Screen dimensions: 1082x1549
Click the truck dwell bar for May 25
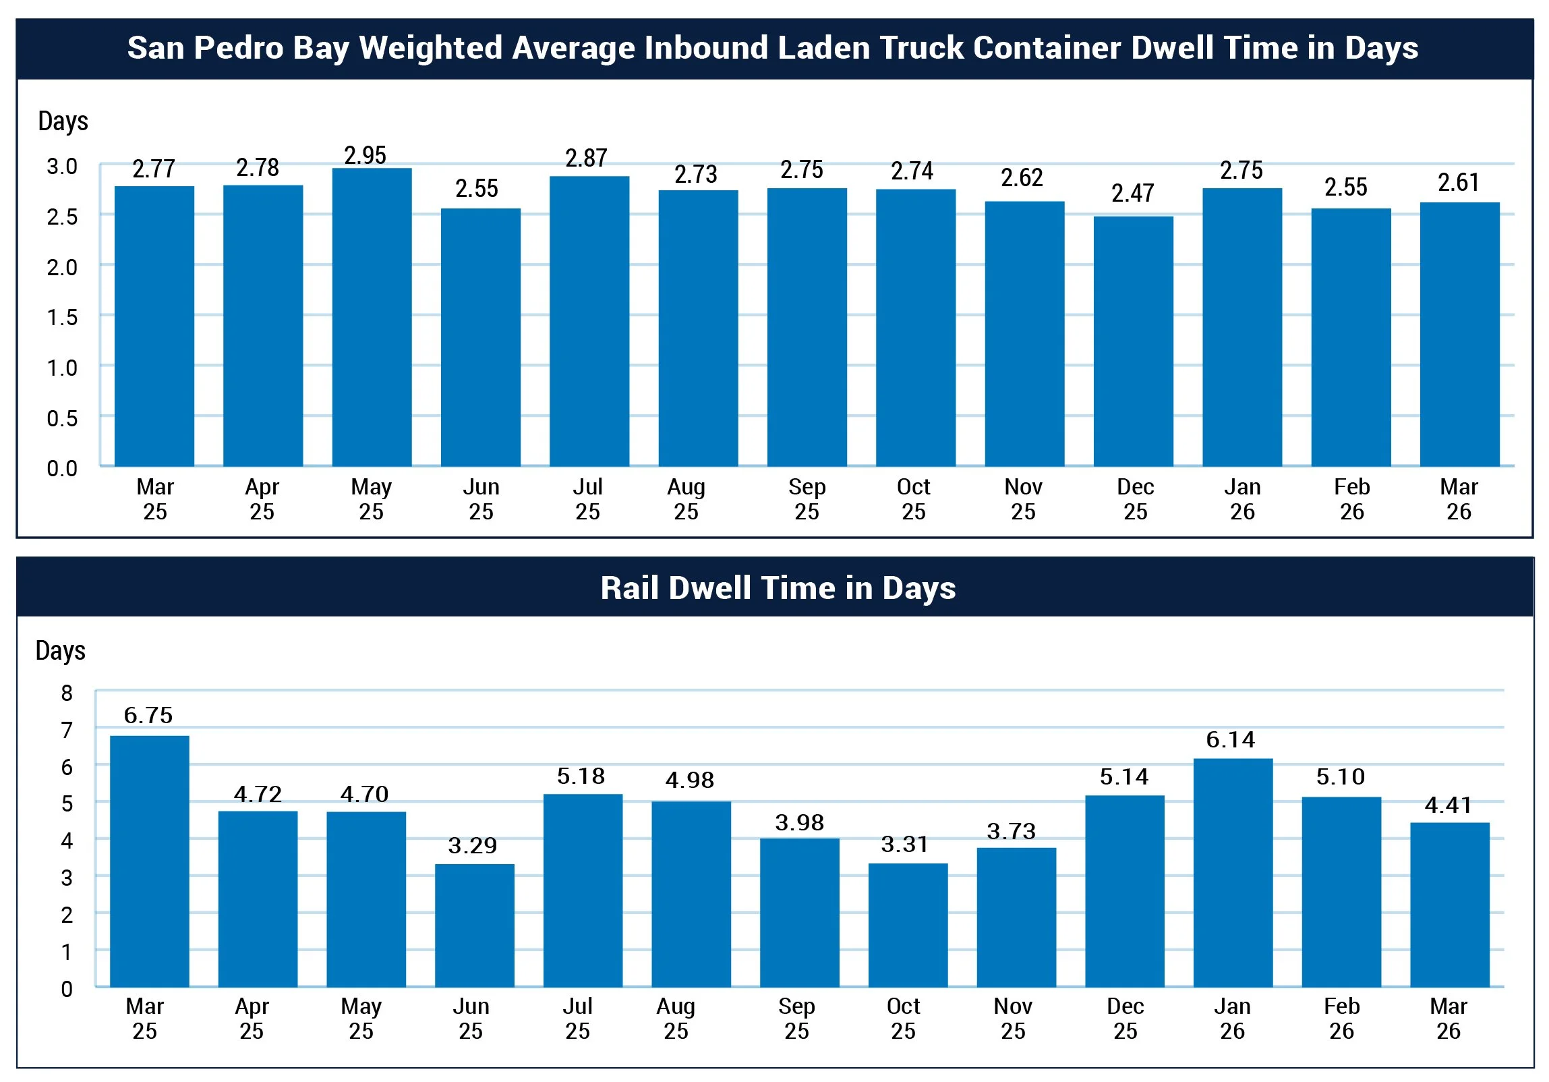pyautogui.click(x=372, y=317)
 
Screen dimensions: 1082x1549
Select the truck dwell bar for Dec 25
pyautogui.click(x=1133, y=341)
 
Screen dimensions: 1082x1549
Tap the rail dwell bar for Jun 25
pyautogui.click(x=474, y=925)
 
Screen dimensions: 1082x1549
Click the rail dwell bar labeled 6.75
pyautogui.click(x=149, y=861)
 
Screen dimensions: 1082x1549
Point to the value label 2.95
pyautogui.click(x=365, y=155)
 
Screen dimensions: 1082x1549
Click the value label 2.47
pyautogui.click(x=1133, y=193)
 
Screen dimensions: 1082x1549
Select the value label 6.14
pyautogui.click(x=1231, y=740)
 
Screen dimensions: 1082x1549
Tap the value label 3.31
pyautogui.click(x=905, y=844)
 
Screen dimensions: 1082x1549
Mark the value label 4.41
pyautogui.click(x=1449, y=805)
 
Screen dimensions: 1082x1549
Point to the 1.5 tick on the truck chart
pyautogui.click(x=62, y=317)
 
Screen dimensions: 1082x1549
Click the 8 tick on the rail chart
pyautogui.click(x=67, y=693)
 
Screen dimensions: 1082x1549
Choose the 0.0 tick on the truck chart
pyautogui.click(x=62, y=467)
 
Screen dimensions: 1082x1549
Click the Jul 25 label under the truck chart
pyautogui.click(x=587, y=499)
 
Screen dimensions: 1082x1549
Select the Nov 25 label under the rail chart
pyautogui.click(x=1013, y=1019)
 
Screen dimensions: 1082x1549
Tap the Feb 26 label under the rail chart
pyautogui.click(x=1341, y=1019)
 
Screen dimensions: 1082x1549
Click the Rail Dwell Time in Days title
pyautogui.click(x=778, y=588)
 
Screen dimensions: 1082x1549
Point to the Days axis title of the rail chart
pyautogui.click(x=61, y=651)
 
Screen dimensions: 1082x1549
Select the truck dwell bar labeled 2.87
pyautogui.click(x=589, y=320)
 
